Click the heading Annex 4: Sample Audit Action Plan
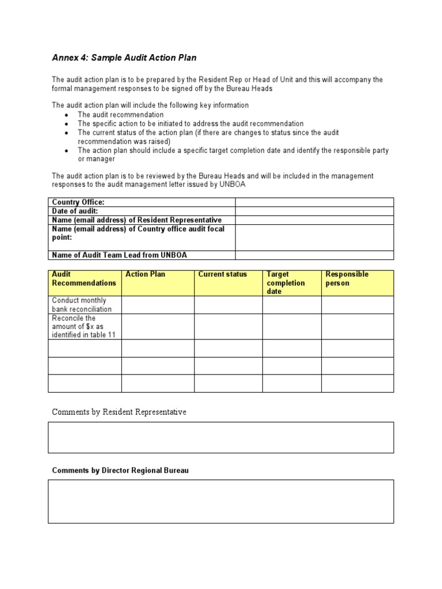tap(125, 58)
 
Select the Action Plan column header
tap(145, 274)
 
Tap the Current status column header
tap(222, 274)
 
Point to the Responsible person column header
tap(346, 279)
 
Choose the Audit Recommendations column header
tap(84, 279)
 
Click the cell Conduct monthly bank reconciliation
tap(82, 305)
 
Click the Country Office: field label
tap(78, 202)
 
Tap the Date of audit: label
tap(75, 211)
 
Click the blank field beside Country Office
tap(314, 202)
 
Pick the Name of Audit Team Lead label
tap(120, 255)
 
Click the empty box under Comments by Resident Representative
tap(221, 437)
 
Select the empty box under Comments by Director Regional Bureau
tap(221, 502)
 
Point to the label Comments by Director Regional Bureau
tap(120, 471)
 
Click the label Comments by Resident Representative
tap(119, 412)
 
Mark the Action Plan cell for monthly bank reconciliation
tap(157, 305)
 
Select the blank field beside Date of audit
tap(314, 211)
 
